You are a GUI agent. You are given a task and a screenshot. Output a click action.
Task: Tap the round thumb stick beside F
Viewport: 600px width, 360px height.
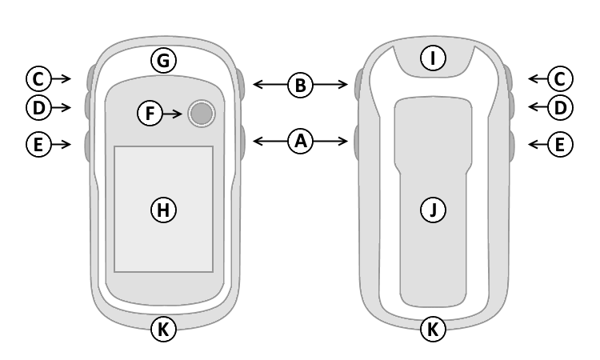pyautogui.click(x=202, y=114)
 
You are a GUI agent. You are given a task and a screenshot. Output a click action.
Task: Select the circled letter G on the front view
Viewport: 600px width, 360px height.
pyautogui.click(x=164, y=60)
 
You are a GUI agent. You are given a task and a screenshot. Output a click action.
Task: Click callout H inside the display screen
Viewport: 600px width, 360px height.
pyautogui.click(x=163, y=210)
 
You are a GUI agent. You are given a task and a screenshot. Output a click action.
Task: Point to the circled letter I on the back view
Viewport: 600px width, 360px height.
pyautogui.click(x=433, y=58)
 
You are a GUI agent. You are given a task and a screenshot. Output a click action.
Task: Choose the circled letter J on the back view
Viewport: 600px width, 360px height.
pyautogui.click(x=433, y=210)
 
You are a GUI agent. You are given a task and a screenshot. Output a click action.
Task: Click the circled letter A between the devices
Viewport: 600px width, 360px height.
pyautogui.click(x=301, y=142)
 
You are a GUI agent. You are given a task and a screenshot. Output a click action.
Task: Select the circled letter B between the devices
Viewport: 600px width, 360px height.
pyautogui.click(x=301, y=83)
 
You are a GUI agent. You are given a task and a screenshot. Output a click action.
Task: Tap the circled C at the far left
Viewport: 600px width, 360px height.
pyautogui.click(x=37, y=78)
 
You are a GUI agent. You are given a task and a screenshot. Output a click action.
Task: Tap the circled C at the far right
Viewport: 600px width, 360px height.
pyautogui.click(x=560, y=78)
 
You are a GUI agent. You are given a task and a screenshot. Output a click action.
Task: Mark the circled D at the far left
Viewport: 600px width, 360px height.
pyautogui.click(x=37, y=106)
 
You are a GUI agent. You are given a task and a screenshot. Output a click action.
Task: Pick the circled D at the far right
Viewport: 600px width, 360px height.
pyautogui.click(x=560, y=106)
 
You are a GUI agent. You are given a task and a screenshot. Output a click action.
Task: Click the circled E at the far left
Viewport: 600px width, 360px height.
pyautogui.click(x=37, y=144)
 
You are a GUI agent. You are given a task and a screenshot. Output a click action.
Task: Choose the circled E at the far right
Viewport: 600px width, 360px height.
pyautogui.click(x=560, y=144)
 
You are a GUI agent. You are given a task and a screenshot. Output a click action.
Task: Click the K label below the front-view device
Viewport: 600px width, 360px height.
pyautogui.click(x=164, y=329)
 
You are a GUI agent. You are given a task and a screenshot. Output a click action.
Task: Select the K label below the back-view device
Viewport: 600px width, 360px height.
pyautogui.click(x=433, y=329)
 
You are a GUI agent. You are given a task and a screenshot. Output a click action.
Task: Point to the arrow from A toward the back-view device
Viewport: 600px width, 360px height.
pyautogui.click(x=332, y=142)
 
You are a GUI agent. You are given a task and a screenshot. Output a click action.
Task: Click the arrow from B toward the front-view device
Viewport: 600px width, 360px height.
pyautogui.click(x=270, y=83)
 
